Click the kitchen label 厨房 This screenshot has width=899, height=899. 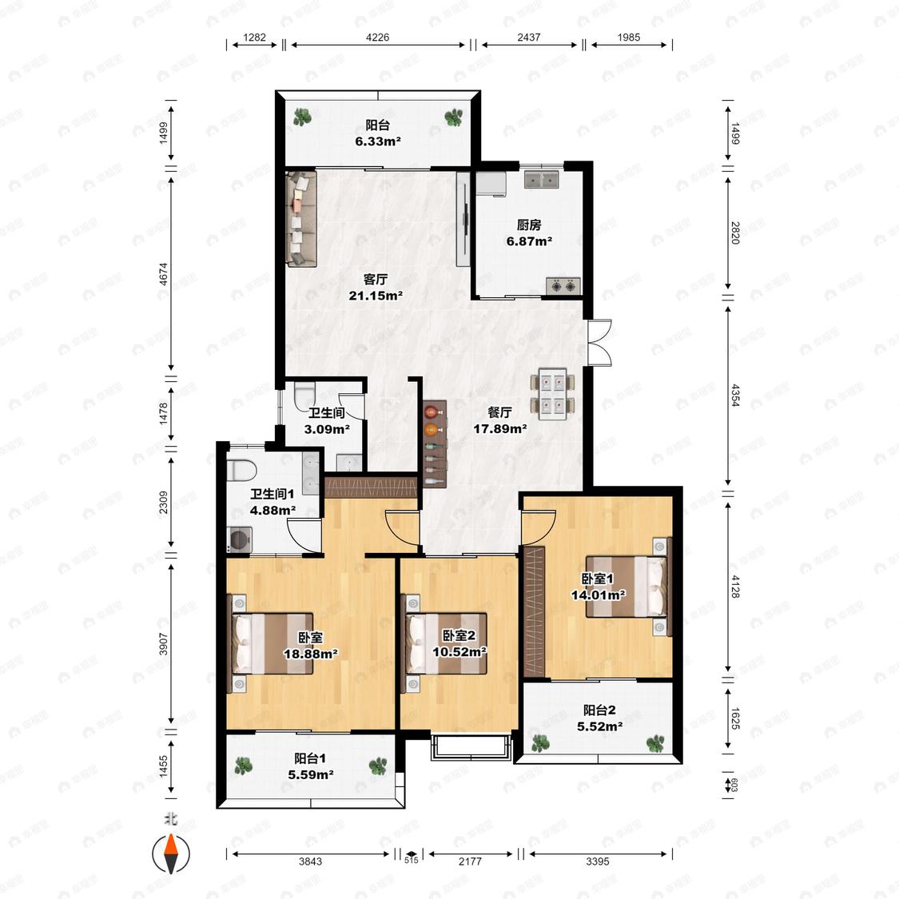(x=529, y=225)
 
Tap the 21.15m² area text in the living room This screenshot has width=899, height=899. (x=376, y=296)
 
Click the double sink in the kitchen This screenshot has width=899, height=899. (x=542, y=180)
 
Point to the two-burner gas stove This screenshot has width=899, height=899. (x=563, y=285)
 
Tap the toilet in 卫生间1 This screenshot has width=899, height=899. (x=241, y=471)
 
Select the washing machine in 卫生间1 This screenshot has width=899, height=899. (x=238, y=539)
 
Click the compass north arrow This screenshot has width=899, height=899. (x=171, y=853)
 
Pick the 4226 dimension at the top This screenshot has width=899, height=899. (x=377, y=38)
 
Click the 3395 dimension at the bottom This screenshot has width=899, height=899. (x=598, y=861)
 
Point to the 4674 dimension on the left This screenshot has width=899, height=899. (x=164, y=274)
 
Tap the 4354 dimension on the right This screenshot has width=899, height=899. (x=736, y=395)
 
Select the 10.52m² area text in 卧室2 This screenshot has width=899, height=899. (x=459, y=652)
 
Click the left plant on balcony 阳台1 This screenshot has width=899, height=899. (x=244, y=766)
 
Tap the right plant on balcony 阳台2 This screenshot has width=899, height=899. (x=655, y=744)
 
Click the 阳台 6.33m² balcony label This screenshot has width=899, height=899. (x=377, y=133)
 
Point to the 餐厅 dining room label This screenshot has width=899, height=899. (x=499, y=412)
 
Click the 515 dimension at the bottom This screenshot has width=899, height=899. (x=411, y=861)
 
